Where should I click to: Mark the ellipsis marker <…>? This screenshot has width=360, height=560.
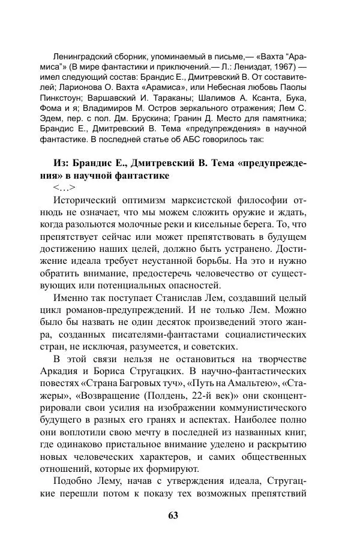(64, 188)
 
